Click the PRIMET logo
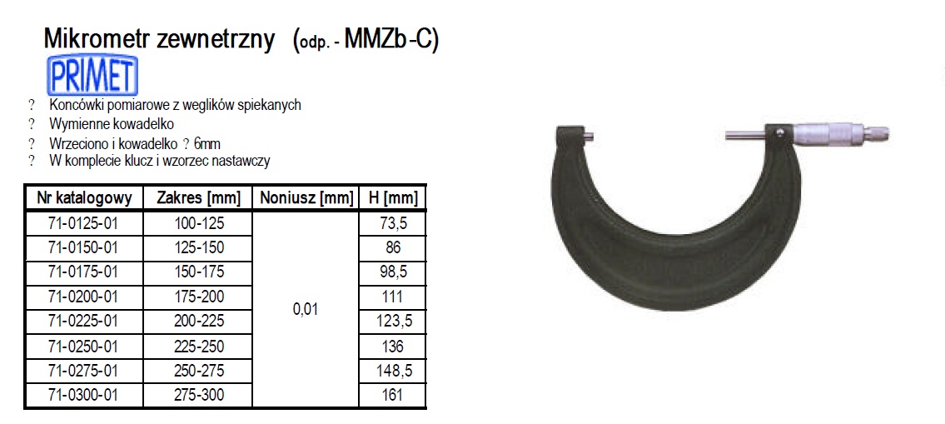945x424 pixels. point(93,75)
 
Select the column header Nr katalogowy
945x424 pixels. point(83,197)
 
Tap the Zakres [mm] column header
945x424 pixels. point(198,197)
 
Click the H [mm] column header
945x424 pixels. point(392,197)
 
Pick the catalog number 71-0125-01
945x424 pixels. point(83,223)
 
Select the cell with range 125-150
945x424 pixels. point(198,248)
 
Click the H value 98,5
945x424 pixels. point(392,272)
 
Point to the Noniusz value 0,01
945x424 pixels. point(306,309)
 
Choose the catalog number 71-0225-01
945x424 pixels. point(83,321)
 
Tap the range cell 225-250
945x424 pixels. point(198,346)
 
